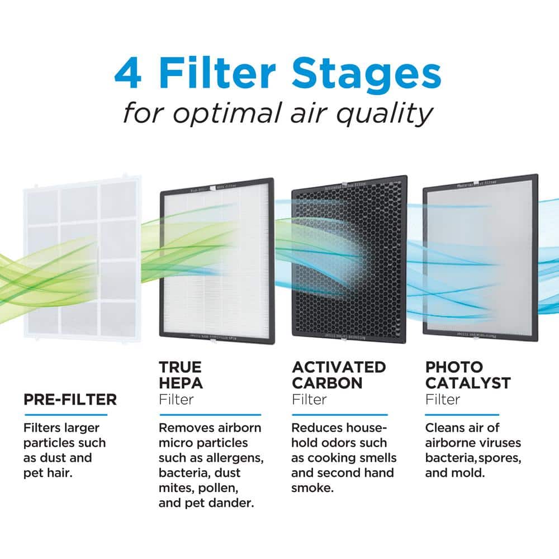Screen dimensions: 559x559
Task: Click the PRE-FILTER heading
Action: (x=70, y=399)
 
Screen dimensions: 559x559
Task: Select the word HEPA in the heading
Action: (x=181, y=383)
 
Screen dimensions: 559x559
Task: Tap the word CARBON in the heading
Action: (x=327, y=383)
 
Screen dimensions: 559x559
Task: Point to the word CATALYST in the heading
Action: (x=468, y=383)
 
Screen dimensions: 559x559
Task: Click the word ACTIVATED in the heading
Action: (x=339, y=367)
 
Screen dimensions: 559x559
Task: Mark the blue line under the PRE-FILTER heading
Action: (x=65, y=415)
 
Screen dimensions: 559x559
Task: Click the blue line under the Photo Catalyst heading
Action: (x=462, y=415)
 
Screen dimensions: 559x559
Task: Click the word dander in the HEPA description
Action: (x=232, y=503)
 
